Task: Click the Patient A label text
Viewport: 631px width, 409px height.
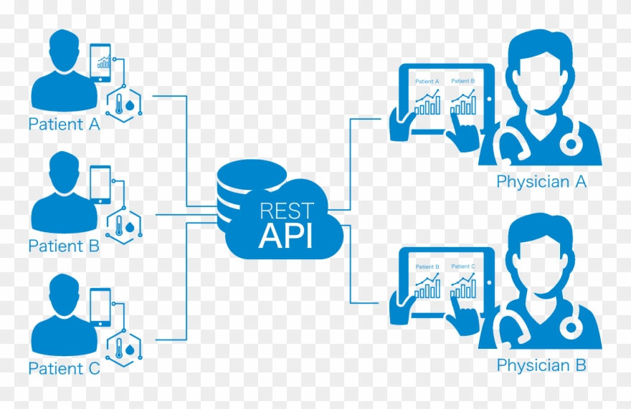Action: [x=64, y=125]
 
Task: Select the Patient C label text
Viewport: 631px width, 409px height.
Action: [x=64, y=370]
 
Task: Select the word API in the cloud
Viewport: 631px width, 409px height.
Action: [x=286, y=236]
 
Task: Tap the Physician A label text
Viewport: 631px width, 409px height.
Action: [x=541, y=182]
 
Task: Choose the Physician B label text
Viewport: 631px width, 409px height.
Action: [x=541, y=365]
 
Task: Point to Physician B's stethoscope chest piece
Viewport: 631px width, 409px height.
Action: [x=571, y=327]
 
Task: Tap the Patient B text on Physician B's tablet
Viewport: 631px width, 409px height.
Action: [x=428, y=266]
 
